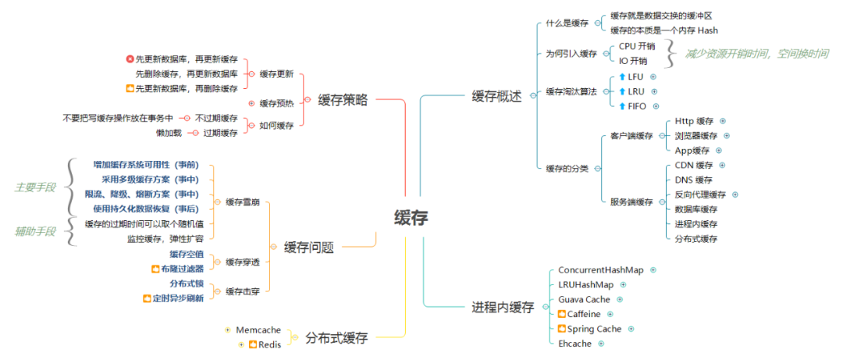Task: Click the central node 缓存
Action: (411, 218)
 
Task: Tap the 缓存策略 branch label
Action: (343, 100)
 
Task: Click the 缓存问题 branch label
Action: (309, 247)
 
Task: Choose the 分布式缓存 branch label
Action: (336, 338)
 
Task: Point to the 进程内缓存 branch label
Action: (503, 307)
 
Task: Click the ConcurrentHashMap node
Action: (600, 269)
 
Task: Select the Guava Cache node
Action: (584, 299)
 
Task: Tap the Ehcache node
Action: (575, 343)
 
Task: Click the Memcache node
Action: (258, 330)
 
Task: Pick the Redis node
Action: (269, 344)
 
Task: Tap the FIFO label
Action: (637, 105)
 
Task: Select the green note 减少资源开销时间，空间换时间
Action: (756, 53)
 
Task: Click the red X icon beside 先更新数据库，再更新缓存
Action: (130, 59)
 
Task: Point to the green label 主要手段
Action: (35, 187)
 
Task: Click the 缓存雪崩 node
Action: (243, 202)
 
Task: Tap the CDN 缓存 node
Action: (694, 166)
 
